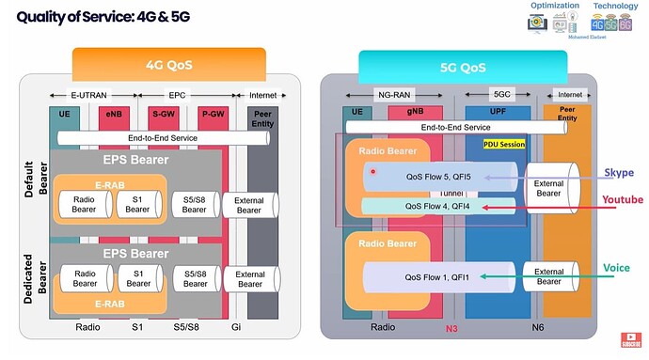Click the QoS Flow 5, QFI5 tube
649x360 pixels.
point(437,175)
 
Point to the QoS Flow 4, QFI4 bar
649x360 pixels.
point(438,206)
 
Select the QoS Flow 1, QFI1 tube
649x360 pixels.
point(437,276)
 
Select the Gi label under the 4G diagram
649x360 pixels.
point(237,327)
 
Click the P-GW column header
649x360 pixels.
point(210,114)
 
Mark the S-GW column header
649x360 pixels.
point(165,114)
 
